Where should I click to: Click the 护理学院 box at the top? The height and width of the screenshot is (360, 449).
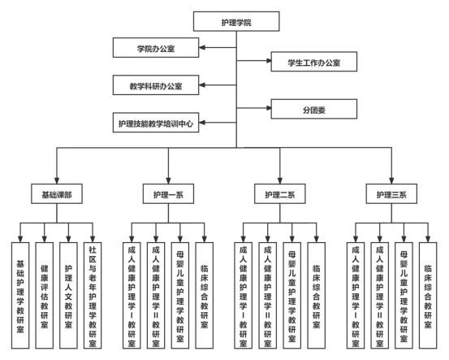(x=236, y=21)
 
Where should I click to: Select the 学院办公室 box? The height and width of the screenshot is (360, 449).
(x=156, y=48)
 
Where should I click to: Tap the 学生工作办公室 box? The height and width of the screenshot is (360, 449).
(x=314, y=62)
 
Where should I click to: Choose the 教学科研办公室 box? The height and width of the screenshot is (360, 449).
(x=156, y=85)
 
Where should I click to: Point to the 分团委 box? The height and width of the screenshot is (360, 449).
(x=314, y=109)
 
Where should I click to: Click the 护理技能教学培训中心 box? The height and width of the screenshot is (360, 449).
(x=156, y=123)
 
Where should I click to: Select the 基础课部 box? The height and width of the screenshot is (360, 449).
(x=57, y=194)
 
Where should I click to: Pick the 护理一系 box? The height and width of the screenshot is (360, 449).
(x=168, y=194)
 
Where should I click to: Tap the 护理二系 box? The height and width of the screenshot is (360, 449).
(x=280, y=194)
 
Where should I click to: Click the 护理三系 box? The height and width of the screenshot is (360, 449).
(x=391, y=194)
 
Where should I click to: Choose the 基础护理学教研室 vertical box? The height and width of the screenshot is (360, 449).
(x=20, y=296)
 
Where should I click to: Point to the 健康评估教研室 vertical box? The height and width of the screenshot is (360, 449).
(x=45, y=296)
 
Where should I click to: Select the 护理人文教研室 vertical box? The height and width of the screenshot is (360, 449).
(x=68, y=296)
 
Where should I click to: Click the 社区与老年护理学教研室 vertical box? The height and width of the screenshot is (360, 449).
(x=93, y=296)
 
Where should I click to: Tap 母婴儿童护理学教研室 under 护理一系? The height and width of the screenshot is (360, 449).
(x=180, y=296)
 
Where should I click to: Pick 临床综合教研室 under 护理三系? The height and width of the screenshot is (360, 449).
(x=428, y=296)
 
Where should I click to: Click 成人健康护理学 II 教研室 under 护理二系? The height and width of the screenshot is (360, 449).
(x=268, y=296)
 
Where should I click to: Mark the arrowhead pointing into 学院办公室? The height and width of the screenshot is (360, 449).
(x=202, y=48)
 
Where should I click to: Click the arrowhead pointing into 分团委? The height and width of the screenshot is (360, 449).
(x=268, y=108)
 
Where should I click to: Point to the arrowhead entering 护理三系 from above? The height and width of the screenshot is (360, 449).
(x=391, y=181)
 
